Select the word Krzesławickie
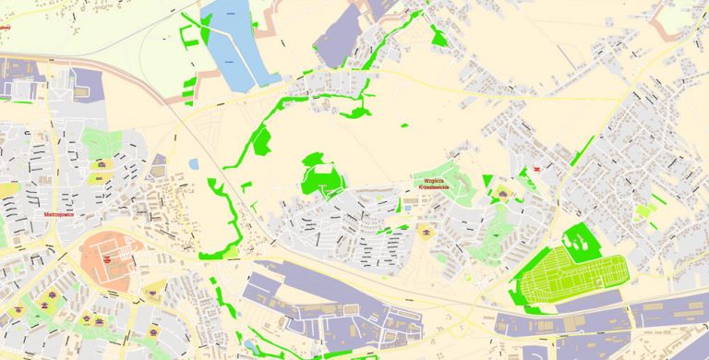click(x=433, y=188)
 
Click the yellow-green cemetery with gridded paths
click(x=572, y=278)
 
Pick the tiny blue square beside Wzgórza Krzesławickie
click(x=407, y=202)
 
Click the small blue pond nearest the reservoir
click(x=193, y=164)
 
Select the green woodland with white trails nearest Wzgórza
click(x=320, y=175)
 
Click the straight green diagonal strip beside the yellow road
click(x=583, y=150)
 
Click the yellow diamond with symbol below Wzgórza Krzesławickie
click(x=427, y=230)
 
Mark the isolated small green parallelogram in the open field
click(x=403, y=125)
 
